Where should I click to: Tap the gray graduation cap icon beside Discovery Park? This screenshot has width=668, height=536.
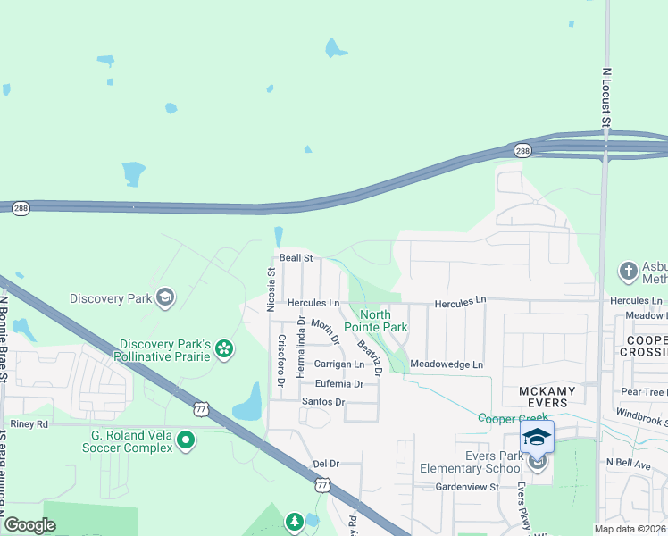click(x=164, y=297)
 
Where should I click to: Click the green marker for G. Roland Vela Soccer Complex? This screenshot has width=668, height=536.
click(x=186, y=439)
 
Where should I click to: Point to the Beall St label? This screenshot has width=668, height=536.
click(x=296, y=257)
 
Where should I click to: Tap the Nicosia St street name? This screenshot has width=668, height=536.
click(x=271, y=290)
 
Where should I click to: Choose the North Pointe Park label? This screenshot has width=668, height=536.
click(x=383, y=321)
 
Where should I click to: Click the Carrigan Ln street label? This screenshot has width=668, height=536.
click(x=339, y=364)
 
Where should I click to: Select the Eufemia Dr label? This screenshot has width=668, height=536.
click(x=332, y=383)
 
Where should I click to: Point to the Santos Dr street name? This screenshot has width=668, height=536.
click(x=322, y=402)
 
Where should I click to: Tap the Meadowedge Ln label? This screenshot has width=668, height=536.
click(x=446, y=364)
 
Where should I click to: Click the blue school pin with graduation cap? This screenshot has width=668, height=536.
click(x=536, y=437)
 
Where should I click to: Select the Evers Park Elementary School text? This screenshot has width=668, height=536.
click(x=472, y=462)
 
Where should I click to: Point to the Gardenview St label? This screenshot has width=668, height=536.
click(x=466, y=487)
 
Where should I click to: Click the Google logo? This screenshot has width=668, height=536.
click(x=29, y=525)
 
